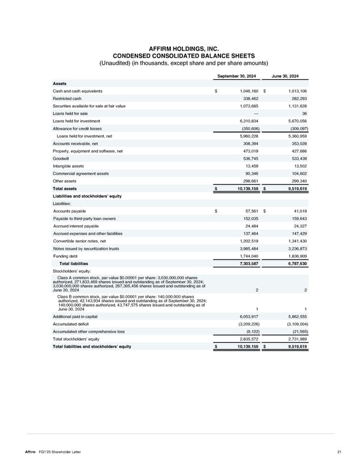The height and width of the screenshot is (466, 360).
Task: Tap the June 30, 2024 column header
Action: pyautogui.click(x=290, y=76)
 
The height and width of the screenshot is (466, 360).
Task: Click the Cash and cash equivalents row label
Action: pyautogui.click(x=77, y=91)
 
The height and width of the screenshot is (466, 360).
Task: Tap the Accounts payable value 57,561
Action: pyautogui.click(x=248, y=211)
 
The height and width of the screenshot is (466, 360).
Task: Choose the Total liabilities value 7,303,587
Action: pyautogui.click(x=245, y=263)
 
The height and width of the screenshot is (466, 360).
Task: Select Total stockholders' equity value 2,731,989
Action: pyautogui.click(x=295, y=339)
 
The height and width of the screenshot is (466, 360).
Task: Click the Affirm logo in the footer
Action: pyautogui.click(x=28, y=452)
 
